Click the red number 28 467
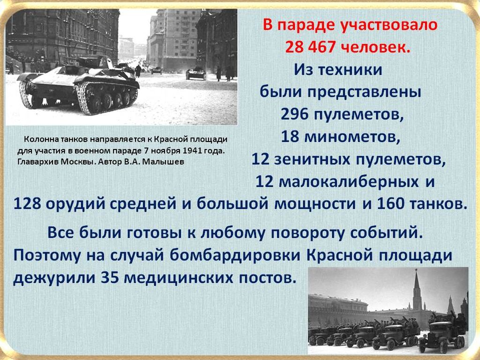[x=310, y=47]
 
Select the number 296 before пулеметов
[x=294, y=114]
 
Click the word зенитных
[x=312, y=159]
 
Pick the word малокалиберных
[x=349, y=182]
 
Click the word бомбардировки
[x=235, y=255]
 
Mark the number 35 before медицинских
[x=110, y=277]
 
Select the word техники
[x=350, y=70]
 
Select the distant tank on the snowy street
[x=195, y=74]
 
